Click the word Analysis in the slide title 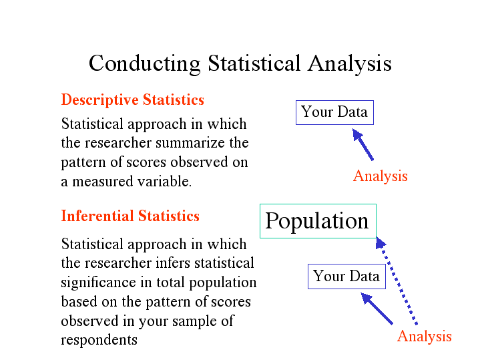[349, 63]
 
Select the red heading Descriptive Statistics [132, 100]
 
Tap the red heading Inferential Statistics [130, 216]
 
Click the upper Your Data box [334, 112]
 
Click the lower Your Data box [346, 277]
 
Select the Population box [317, 221]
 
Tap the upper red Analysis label [380, 176]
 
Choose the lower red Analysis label [424, 336]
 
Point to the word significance [95, 283]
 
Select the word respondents [99, 340]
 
